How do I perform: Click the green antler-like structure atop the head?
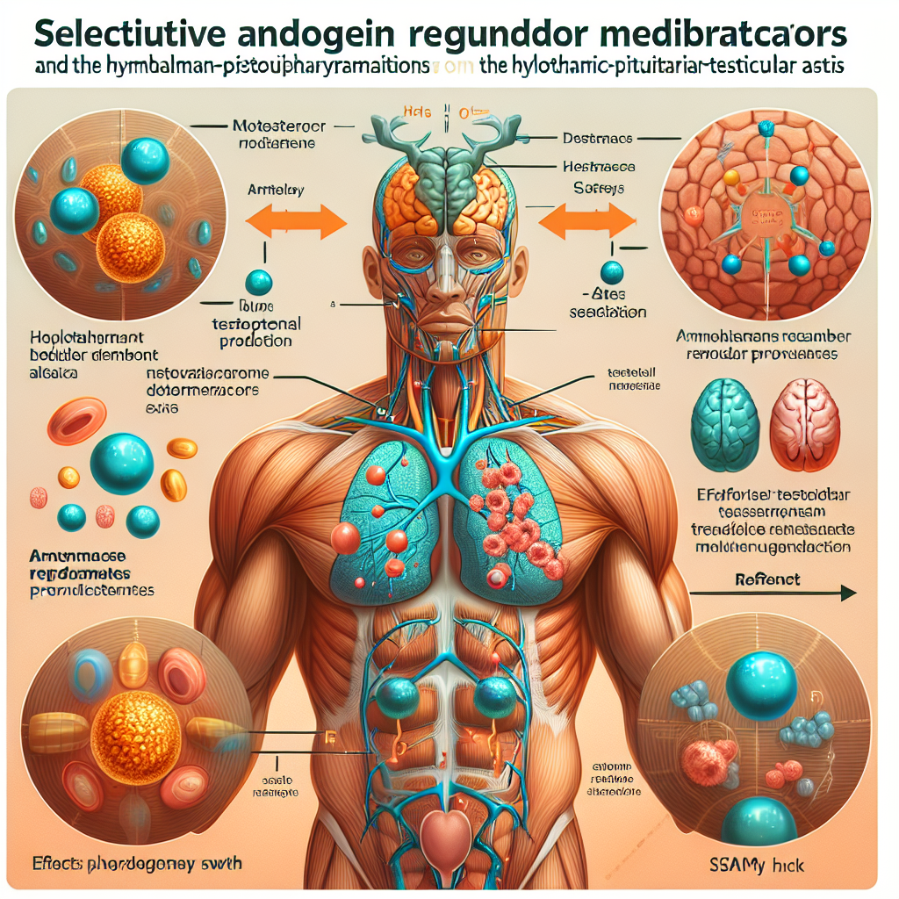(445, 140)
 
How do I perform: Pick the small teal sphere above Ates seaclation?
(611, 272)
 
